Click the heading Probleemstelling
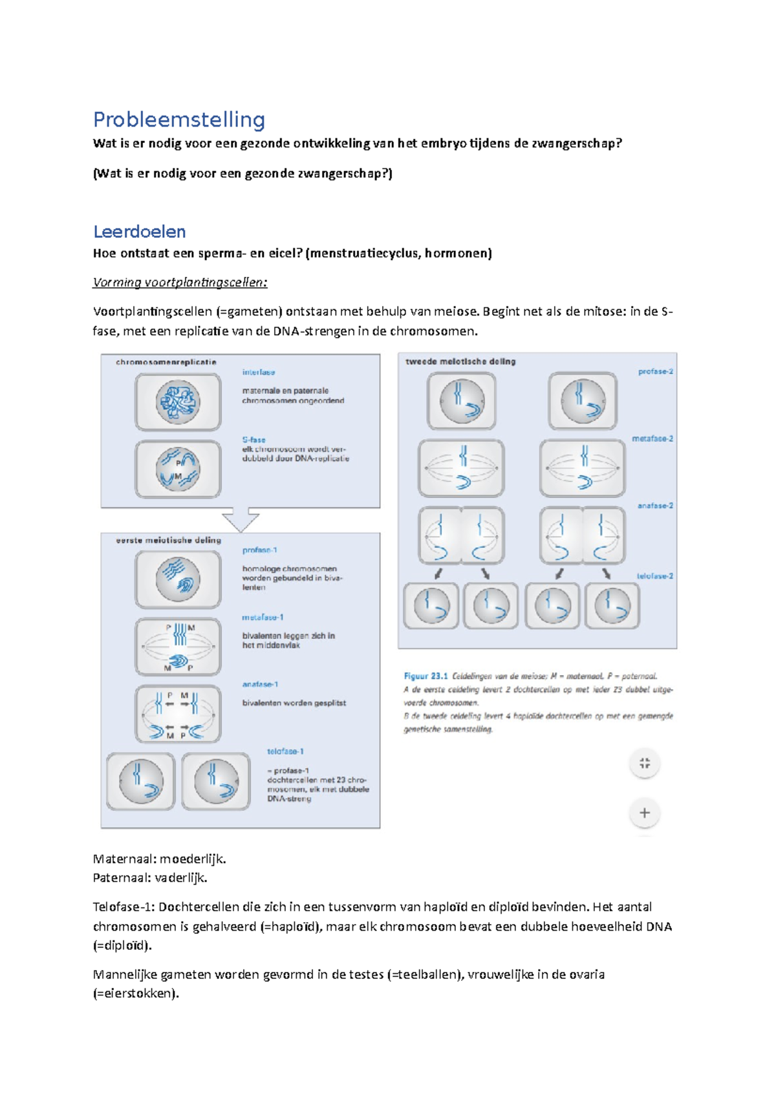point(179,120)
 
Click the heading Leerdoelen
point(140,231)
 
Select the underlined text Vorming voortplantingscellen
point(180,283)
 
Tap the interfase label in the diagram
point(259,372)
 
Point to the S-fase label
point(253,440)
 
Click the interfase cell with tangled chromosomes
point(178,402)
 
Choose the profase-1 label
point(260,550)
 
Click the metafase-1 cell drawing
point(178,646)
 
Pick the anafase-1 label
point(260,684)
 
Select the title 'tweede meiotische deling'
point(460,361)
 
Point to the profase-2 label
point(655,372)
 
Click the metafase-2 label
point(652,439)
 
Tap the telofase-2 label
point(654,576)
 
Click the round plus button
point(644,813)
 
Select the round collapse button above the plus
point(644,763)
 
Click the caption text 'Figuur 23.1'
point(426,676)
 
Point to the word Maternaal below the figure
point(125,859)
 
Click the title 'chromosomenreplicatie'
point(166,362)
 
